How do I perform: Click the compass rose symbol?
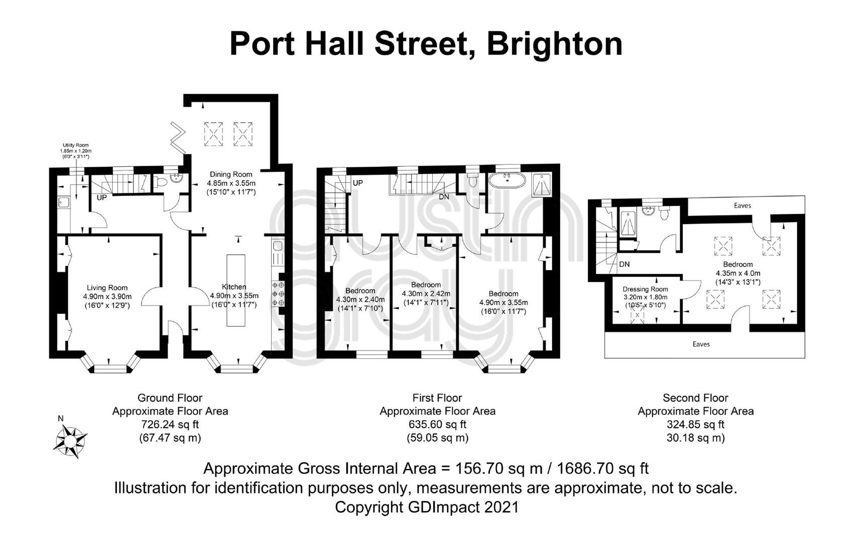(70, 441)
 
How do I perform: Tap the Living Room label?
(107, 288)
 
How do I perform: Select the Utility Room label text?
(76, 146)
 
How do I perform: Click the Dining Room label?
(231, 174)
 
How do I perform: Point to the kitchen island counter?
(236, 290)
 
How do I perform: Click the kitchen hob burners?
(278, 294)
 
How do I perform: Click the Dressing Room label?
(645, 289)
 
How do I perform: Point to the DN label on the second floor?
(625, 264)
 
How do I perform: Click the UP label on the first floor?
(358, 183)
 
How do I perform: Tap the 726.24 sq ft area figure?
(170, 424)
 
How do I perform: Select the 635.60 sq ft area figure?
(438, 424)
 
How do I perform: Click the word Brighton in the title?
(555, 45)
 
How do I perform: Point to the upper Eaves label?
(742, 206)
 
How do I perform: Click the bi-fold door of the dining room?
(178, 138)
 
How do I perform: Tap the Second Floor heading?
(695, 398)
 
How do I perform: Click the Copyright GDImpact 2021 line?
(427, 507)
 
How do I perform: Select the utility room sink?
(62, 202)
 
